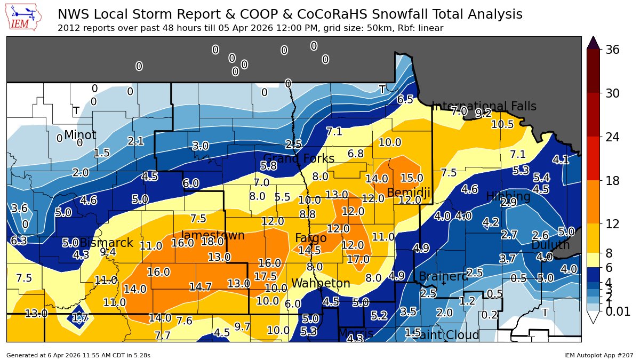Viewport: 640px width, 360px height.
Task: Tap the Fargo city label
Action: coord(311,238)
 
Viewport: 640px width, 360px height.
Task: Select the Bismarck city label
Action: coord(106,243)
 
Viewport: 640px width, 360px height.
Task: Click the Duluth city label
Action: coord(550,245)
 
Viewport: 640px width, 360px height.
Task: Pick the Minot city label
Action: coord(80,135)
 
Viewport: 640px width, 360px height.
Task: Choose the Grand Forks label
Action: coord(299,159)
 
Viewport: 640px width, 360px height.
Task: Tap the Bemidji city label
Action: coord(409,193)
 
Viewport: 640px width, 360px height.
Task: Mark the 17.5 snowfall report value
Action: coord(266,276)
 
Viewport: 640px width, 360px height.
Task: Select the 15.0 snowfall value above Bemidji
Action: coord(412,178)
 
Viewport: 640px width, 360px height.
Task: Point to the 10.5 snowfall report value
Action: coord(502,125)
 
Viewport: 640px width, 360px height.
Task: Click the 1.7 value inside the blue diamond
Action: coord(79,319)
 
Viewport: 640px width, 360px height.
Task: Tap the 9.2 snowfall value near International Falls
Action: coord(483,113)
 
